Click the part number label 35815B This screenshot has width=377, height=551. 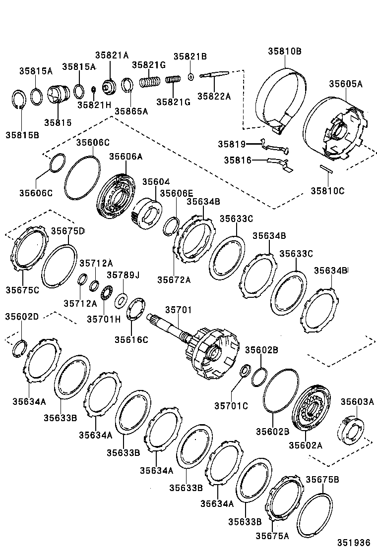pyautogui.click(x=22, y=135)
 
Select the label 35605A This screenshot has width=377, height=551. pyautogui.click(x=345, y=84)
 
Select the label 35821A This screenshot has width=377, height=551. pyautogui.click(x=112, y=55)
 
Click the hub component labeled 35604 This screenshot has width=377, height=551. pyautogui.click(x=147, y=212)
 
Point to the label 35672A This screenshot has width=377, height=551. pyautogui.click(x=174, y=279)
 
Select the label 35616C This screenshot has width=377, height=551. pyautogui.click(x=131, y=339)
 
